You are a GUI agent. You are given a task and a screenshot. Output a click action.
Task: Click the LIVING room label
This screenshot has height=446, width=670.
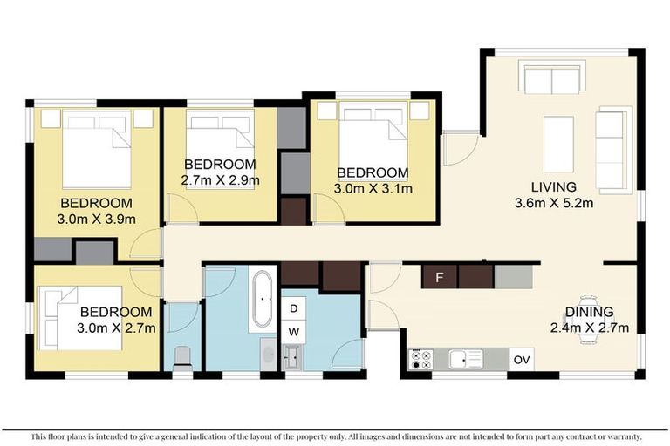click(x=555, y=186)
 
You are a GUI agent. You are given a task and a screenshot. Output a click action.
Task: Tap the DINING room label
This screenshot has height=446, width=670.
click(x=588, y=311)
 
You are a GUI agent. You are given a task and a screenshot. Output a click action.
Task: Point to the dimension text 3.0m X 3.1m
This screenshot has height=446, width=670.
click(x=373, y=187)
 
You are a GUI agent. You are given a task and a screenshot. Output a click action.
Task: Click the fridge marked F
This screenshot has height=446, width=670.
click(x=439, y=278)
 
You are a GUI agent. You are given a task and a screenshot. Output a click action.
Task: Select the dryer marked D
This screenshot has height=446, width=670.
click(x=293, y=309)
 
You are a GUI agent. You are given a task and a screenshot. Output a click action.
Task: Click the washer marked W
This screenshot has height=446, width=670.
click(x=293, y=331)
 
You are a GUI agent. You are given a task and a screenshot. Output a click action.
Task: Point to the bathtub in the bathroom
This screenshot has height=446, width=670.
click(x=262, y=301)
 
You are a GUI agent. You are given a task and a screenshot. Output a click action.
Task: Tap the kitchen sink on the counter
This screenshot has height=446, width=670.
click(x=464, y=359)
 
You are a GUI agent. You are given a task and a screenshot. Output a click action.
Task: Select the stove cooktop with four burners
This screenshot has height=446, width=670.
click(x=420, y=359)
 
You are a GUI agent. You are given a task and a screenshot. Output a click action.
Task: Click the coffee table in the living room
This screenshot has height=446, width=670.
click(x=558, y=144)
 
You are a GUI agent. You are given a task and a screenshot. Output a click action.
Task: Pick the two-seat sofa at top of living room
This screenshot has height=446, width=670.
click(x=550, y=78)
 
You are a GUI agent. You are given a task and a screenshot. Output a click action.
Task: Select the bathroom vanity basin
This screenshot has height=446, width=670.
click(x=268, y=355)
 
